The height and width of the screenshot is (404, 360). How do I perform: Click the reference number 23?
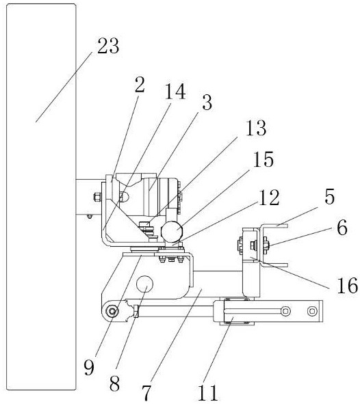pos(108,46)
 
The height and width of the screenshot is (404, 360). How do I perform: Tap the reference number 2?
pos(140,85)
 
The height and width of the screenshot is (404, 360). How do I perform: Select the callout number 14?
pos(175,92)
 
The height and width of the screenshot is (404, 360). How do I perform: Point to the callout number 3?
pos(207,103)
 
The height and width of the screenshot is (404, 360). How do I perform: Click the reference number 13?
pos(256,128)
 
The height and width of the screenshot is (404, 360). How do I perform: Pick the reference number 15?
pos(263,159)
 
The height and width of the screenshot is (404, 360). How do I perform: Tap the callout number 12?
pos(269,198)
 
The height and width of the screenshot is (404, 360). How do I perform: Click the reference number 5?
pos(330,197)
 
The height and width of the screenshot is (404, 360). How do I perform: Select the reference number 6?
pos(342,228)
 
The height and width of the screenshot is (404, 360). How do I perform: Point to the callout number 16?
pos(348,286)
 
